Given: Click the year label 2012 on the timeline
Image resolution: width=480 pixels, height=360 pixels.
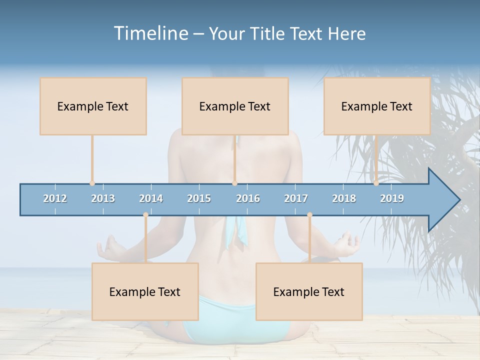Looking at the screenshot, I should pyautogui.click(x=55, y=198).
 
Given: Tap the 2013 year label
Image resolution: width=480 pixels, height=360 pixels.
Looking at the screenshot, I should pyautogui.click(x=103, y=198).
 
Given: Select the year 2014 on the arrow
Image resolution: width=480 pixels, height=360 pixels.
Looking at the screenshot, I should pyautogui.click(x=151, y=198).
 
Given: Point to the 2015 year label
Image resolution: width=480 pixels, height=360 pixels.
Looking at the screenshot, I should pyautogui.click(x=199, y=198).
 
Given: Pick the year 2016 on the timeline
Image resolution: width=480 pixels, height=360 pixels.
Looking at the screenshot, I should pyautogui.click(x=248, y=198).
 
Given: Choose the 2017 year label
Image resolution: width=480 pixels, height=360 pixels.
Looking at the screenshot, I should pyautogui.click(x=296, y=198).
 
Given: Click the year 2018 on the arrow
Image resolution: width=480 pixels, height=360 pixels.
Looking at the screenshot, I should pyautogui.click(x=344, y=198).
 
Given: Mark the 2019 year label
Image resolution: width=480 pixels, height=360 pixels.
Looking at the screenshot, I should pyautogui.click(x=392, y=198).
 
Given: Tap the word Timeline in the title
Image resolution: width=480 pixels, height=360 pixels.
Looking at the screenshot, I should pyautogui.click(x=150, y=33).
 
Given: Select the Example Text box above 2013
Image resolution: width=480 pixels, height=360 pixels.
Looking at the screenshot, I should pyautogui.click(x=93, y=106).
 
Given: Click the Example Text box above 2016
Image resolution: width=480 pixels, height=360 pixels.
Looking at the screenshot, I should pyautogui.click(x=235, y=106).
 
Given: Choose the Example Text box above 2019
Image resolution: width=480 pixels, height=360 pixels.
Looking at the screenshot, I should pyautogui.click(x=377, y=106).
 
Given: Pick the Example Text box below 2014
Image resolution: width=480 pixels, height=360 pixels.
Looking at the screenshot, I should pyautogui.click(x=145, y=291).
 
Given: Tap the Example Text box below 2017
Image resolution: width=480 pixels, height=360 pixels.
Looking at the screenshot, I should pyautogui.click(x=309, y=291).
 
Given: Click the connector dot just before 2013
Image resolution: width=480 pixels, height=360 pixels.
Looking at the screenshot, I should pyautogui.click(x=92, y=183).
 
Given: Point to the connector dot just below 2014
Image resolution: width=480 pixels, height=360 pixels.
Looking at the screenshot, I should pyautogui.click(x=145, y=215).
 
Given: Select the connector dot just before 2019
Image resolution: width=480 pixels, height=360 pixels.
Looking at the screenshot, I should pyautogui.click(x=376, y=183).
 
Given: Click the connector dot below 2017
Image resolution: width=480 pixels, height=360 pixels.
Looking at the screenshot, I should pyautogui.click(x=309, y=215).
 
